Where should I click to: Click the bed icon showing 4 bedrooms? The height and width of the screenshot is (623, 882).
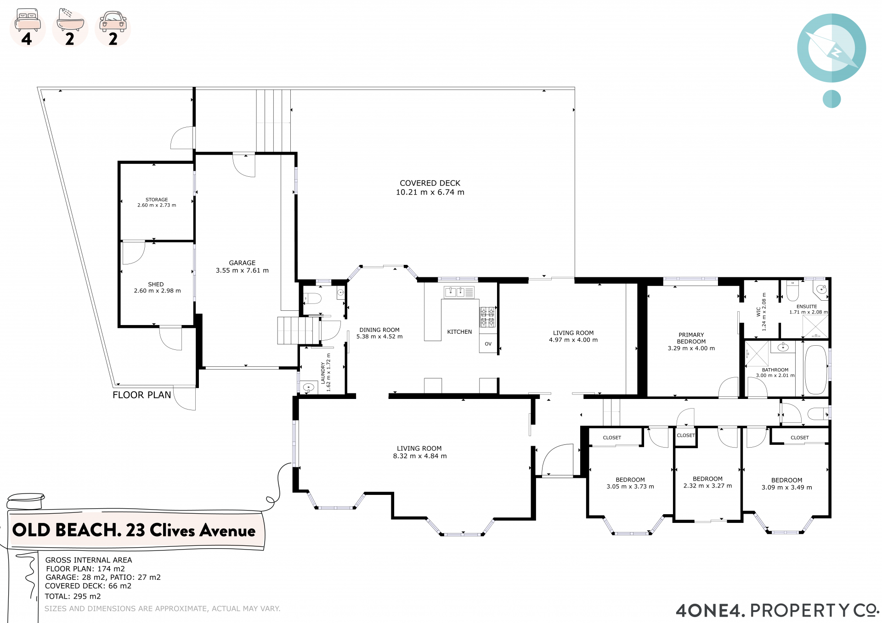point(27,20)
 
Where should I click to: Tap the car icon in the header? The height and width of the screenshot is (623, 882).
point(113,22)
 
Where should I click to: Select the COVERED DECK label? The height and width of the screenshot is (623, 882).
point(430,183)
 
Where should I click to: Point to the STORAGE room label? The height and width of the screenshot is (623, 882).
point(157,200)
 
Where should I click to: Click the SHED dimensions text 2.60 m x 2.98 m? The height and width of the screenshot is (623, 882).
point(157,291)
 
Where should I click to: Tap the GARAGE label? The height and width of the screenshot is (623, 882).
point(242,263)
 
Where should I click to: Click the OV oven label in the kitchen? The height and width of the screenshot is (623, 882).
point(488,344)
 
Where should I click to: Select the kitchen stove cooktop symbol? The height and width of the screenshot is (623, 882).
point(487,317)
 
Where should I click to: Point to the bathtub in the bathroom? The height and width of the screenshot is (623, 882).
point(816,370)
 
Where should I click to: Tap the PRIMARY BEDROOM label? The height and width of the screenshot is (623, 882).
point(691,338)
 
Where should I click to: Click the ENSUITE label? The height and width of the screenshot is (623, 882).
point(807,307)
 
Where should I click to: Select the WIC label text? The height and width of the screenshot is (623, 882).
point(758,312)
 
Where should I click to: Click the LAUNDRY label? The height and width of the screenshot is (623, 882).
point(323,373)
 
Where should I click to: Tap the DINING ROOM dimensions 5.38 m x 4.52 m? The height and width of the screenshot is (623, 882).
point(379,337)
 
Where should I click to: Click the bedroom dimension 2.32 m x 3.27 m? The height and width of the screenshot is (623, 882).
point(707,486)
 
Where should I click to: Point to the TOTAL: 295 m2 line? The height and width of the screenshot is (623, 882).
point(73,596)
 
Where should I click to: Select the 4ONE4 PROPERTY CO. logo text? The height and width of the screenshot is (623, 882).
point(777,611)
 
